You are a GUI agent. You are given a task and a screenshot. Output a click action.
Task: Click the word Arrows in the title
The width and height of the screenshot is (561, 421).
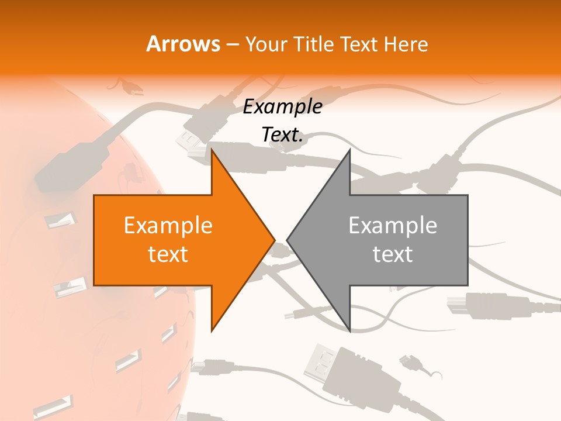182,44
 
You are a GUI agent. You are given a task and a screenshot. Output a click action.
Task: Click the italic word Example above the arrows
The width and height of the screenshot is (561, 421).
283,107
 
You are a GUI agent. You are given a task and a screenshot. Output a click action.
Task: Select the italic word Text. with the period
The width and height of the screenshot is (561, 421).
283,135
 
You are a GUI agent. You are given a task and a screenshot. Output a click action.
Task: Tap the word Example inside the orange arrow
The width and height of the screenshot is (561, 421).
168,225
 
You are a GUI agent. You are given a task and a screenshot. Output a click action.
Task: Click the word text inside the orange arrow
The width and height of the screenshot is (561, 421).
168,254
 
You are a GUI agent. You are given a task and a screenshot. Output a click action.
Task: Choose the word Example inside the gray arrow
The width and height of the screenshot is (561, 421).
393,225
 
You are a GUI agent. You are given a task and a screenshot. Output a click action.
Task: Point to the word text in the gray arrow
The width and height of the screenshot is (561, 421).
393,254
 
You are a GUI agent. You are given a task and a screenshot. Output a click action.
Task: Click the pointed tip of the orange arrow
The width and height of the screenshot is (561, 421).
275,240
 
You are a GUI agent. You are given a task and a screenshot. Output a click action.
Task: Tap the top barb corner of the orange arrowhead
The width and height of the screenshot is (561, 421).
212,150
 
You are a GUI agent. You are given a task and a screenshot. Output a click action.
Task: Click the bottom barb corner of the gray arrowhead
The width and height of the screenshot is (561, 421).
349,331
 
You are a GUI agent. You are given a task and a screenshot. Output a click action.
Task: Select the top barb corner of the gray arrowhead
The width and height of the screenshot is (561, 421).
349,150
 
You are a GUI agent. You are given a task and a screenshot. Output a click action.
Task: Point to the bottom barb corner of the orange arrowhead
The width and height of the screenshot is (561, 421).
212,331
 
